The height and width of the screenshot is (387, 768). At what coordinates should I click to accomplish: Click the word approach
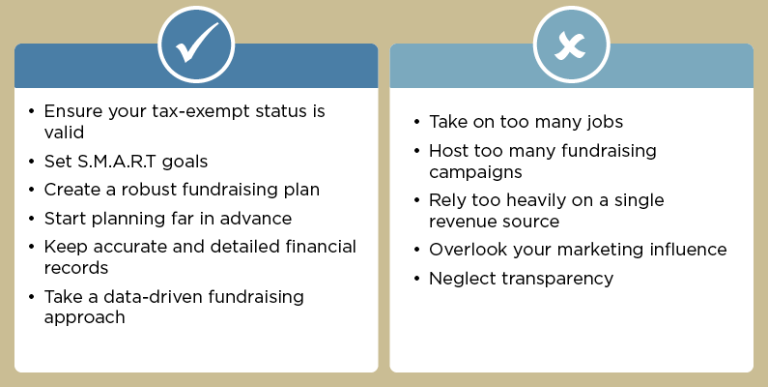click(x=84, y=316)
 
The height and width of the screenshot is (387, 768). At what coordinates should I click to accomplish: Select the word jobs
click(x=603, y=122)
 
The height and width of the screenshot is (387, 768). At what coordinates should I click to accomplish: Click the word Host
click(x=449, y=151)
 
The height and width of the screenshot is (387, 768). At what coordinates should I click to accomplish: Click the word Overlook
click(x=469, y=250)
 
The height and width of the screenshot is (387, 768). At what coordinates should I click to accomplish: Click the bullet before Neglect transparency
click(x=416, y=280)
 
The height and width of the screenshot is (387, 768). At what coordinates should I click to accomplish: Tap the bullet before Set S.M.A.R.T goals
click(x=33, y=162)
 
